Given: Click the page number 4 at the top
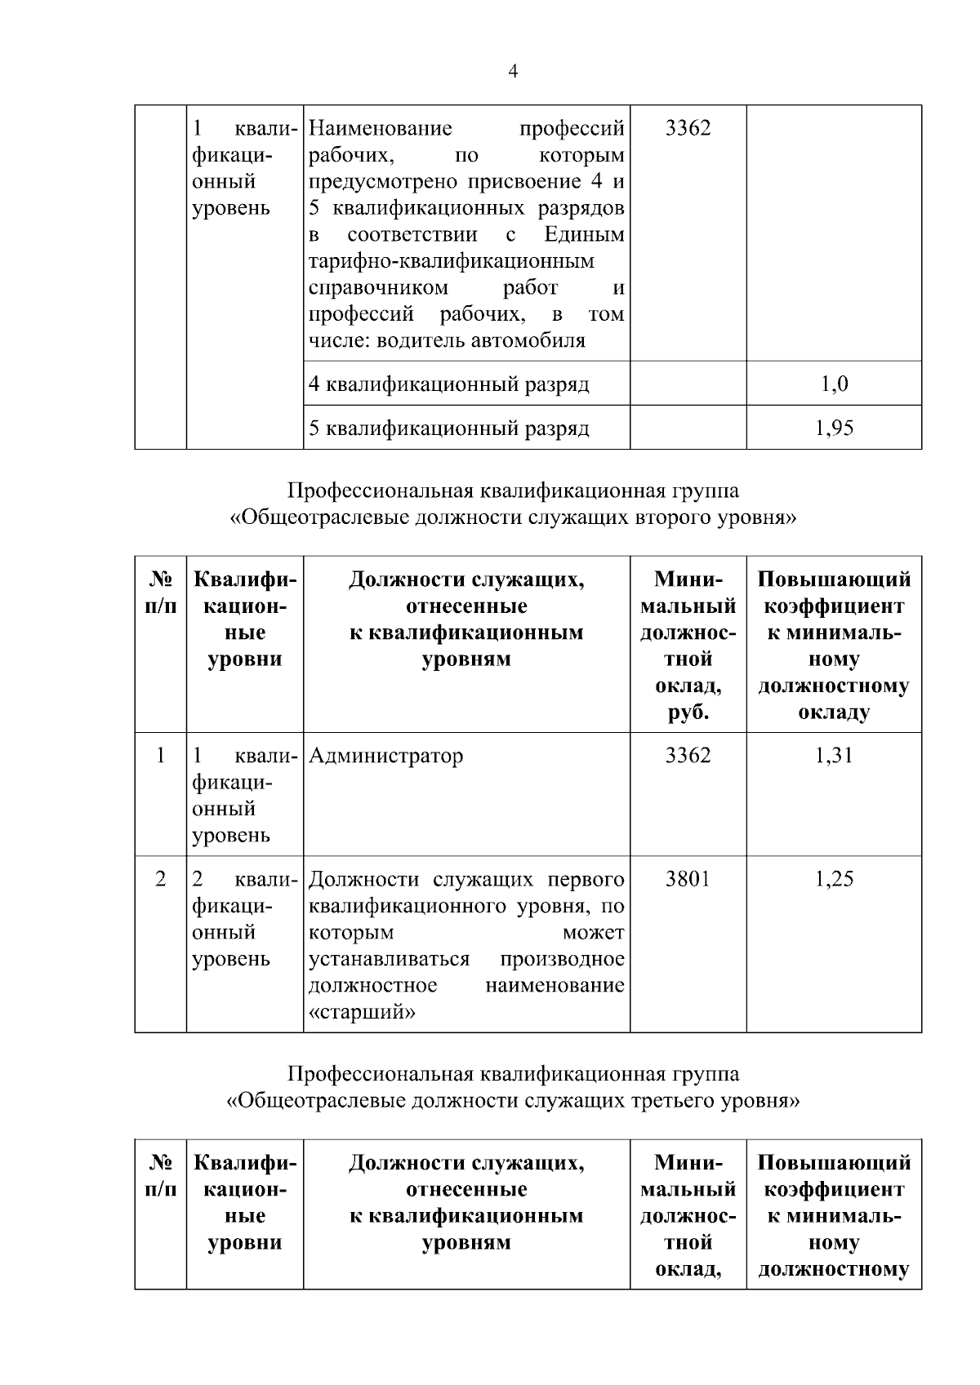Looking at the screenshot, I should coord(512,72).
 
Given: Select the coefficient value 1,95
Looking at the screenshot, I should coord(834,428).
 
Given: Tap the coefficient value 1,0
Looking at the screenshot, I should coord(834,384).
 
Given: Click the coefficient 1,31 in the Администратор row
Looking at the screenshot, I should coord(834,756).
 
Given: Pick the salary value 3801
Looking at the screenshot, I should coord(688,879).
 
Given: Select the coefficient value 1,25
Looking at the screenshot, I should coord(834,879).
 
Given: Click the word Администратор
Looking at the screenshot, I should coord(386,756).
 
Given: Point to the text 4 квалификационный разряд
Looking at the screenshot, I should coord(449,384).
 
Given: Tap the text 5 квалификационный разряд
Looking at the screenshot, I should coord(449,428).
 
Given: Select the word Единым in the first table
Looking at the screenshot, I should coord(584,235).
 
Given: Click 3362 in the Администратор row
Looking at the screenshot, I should coord(688,756).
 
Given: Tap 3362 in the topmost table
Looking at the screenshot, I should coord(688,128).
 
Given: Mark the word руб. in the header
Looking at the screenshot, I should coord(688,712).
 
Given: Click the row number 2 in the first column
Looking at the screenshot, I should coord(161,879).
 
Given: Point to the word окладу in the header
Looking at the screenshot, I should coord(834,712).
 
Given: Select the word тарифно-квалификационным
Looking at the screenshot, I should coord(452,261).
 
